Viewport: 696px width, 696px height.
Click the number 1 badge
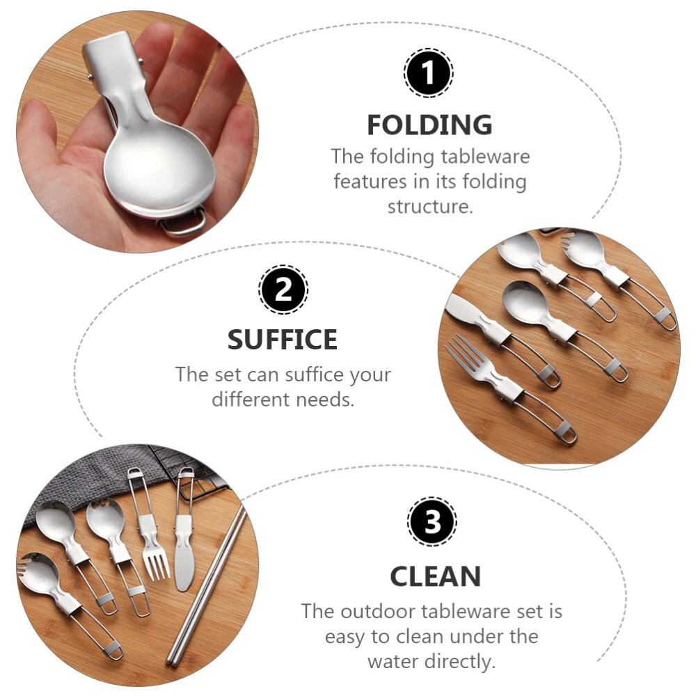tap(428, 73)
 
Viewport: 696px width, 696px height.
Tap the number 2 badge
tap(283, 290)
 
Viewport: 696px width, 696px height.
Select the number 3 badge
tap(432, 521)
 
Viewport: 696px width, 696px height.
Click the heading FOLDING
tap(429, 125)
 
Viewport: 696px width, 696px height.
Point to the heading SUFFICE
tap(283, 340)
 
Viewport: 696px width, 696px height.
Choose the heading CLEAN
tap(436, 576)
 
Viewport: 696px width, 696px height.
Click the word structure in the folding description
tap(430, 207)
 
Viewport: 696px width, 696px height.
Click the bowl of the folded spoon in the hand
tap(159, 170)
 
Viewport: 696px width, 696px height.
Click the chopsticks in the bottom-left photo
tap(207, 585)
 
